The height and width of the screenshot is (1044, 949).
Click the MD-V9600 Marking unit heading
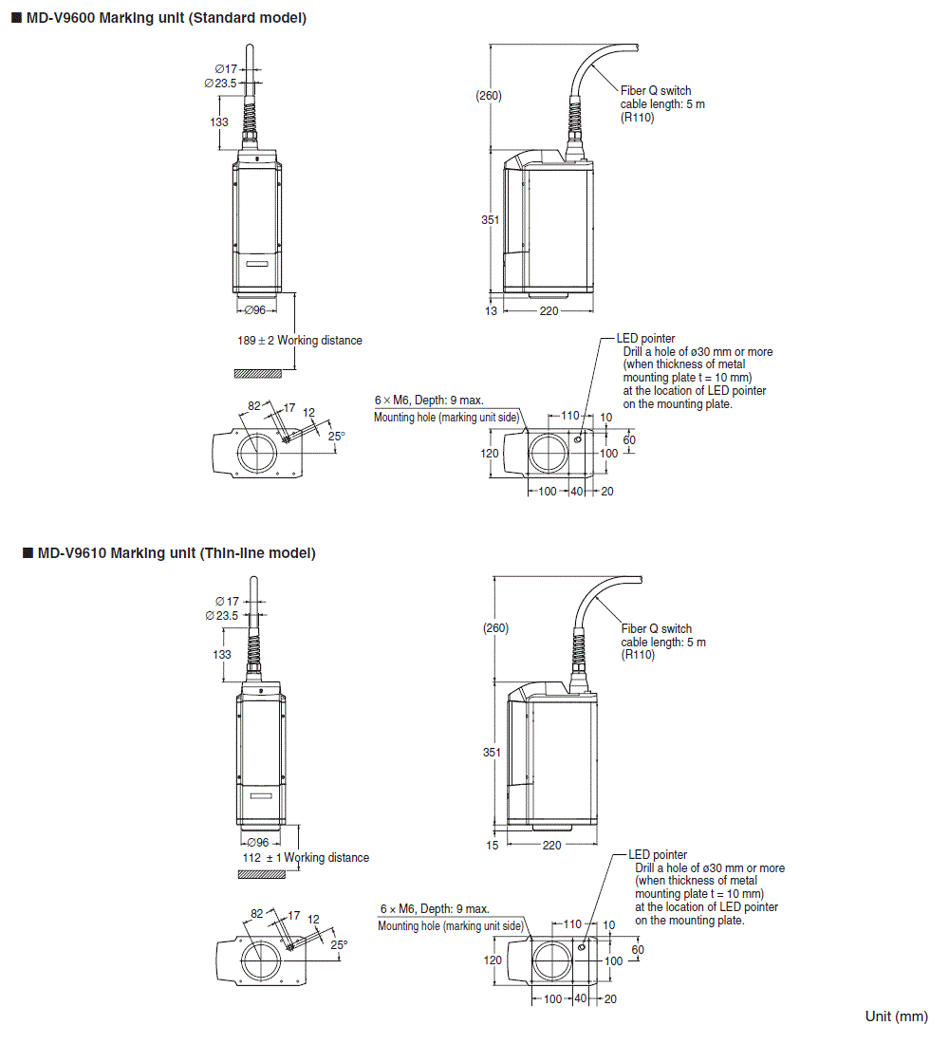point(165,18)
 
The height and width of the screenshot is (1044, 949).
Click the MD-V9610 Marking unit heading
point(176,552)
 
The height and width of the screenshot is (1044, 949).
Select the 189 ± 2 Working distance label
point(299,341)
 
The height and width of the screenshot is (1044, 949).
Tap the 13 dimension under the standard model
point(491,311)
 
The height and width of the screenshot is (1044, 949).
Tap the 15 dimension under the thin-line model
point(492,845)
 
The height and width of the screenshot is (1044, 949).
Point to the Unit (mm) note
point(896,1016)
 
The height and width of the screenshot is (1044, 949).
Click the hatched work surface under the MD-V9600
point(257,373)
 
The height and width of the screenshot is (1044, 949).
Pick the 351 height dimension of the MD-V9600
point(490,219)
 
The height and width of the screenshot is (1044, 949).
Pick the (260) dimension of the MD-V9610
point(495,628)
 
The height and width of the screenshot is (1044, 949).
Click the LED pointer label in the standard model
point(645,339)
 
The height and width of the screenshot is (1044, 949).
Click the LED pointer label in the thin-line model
point(658,855)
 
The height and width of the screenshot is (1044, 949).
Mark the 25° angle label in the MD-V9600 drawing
point(336,436)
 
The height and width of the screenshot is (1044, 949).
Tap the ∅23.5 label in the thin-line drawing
point(222,615)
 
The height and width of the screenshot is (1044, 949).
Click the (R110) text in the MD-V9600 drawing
point(637,117)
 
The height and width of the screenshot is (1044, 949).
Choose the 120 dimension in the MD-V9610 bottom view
point(493,960)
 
